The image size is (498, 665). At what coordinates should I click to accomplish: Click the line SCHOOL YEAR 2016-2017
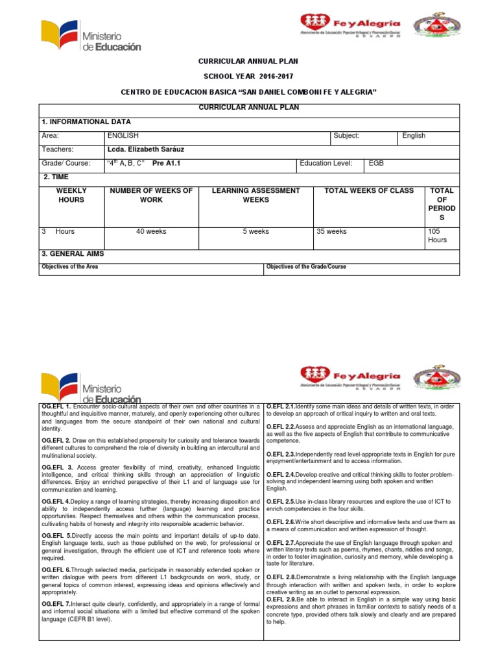248,77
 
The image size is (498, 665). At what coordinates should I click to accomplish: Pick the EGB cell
376,163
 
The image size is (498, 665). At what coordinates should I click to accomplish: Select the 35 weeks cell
332,231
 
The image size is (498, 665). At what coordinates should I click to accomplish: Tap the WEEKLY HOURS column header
71,195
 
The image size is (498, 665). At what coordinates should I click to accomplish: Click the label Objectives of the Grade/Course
306,267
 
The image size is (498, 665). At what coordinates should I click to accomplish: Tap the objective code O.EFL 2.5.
281,502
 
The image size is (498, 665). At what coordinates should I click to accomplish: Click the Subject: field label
346,136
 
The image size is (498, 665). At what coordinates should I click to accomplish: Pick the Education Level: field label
326,163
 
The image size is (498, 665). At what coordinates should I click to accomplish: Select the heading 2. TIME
56,177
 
